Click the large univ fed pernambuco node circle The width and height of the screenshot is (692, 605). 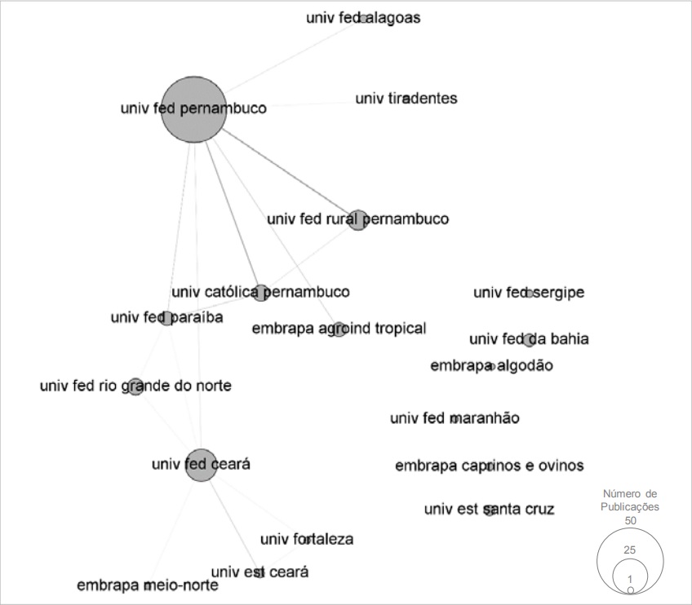193,109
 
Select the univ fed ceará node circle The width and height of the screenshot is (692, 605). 201,465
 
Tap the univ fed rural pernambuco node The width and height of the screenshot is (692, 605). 357,219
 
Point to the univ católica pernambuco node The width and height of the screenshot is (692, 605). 260,292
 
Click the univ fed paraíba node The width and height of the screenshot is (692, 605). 166,318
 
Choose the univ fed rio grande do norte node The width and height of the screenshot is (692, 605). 135,386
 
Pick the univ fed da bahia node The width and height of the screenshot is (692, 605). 529,339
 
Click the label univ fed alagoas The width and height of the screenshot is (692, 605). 363,18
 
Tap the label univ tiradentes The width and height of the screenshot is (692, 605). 406,99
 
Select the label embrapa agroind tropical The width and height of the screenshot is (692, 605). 339,329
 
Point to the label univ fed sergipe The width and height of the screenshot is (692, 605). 529,293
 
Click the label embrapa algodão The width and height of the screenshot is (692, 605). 491,365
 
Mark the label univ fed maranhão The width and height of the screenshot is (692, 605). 455,419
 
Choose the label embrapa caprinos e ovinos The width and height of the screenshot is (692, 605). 489,466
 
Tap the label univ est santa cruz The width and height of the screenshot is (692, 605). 489,510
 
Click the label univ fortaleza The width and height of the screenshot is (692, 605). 307,540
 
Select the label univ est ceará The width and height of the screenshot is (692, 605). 259,572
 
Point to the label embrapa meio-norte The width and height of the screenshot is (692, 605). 148,585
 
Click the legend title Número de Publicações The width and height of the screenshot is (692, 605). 629,501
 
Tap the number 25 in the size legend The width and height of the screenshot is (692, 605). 629,550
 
